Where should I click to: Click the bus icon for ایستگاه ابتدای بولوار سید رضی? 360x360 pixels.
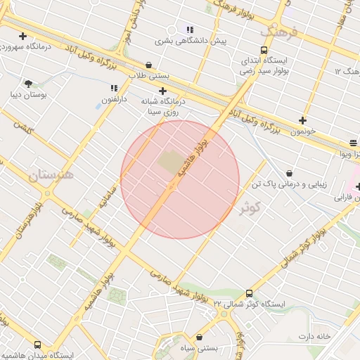(264, 50)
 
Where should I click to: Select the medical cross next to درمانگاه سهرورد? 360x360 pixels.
(23, 36)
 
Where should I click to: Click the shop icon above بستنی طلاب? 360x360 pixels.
(148, 65)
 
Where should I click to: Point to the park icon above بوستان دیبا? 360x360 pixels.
(28, 84)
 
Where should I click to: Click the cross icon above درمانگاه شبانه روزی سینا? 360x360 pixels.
(162, 90)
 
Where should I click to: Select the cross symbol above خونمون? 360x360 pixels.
(303, 120)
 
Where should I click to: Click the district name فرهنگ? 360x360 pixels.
(280, 32)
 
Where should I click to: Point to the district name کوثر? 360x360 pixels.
(250, 207)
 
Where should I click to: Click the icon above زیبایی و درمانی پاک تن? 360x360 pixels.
(289, 173)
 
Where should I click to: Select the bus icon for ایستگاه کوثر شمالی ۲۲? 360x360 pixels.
(249, 294)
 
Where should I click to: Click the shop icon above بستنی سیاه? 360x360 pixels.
(200, 337)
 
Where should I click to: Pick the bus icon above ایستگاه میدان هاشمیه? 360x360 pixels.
(37, 345)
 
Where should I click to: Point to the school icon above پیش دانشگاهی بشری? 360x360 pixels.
(190, 30)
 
